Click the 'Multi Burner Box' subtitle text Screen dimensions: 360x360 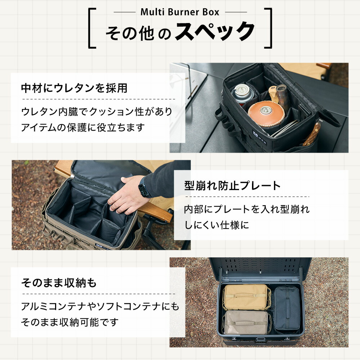point(180,12)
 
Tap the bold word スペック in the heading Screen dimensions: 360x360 point(215,32)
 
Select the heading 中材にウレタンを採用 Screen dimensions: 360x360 point(74,88)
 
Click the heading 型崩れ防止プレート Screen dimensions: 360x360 point(232,186)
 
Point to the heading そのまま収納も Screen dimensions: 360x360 point(59,283)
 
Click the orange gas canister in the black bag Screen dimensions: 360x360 point(266,113)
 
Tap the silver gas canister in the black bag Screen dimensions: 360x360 point(242,94)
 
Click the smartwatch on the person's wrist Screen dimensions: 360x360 point(144,187)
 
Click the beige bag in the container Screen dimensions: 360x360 point(246,297)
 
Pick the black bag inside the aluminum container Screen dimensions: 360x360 point(287,309)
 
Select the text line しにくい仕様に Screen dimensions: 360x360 point(216,225)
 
